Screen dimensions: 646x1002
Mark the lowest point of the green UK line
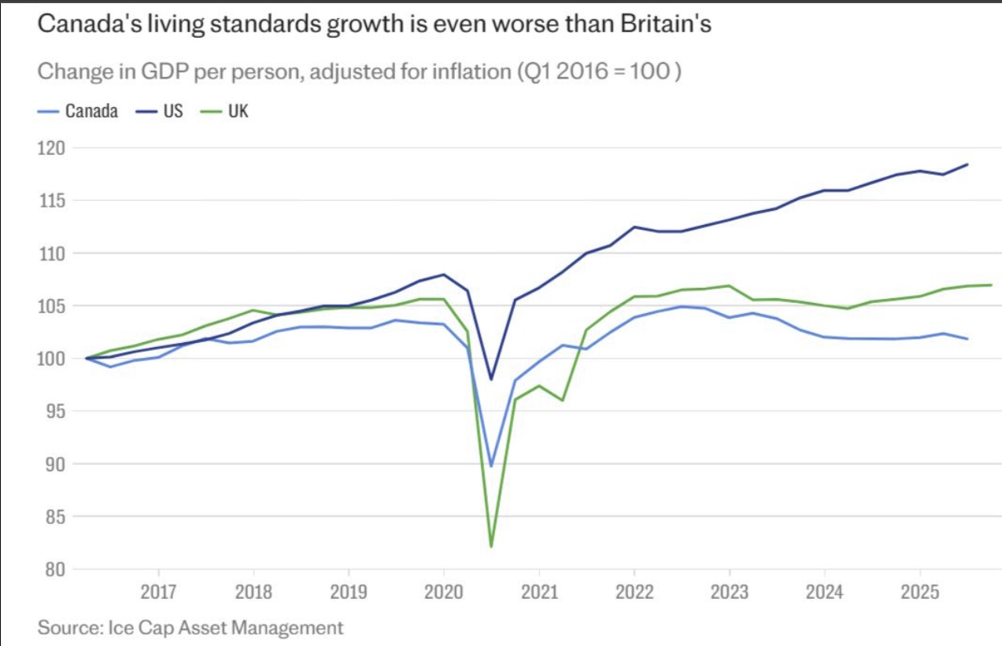click(x=491, y=546)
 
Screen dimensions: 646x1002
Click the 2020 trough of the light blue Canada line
click(x=491, y=466)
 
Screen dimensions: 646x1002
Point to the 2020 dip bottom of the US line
click(x=491, y=379)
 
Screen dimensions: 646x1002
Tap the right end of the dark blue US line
click(x=967, y=164)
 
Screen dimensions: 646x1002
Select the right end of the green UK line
click(x=990, y=285)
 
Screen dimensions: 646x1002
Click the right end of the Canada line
click(x=967, y=338)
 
